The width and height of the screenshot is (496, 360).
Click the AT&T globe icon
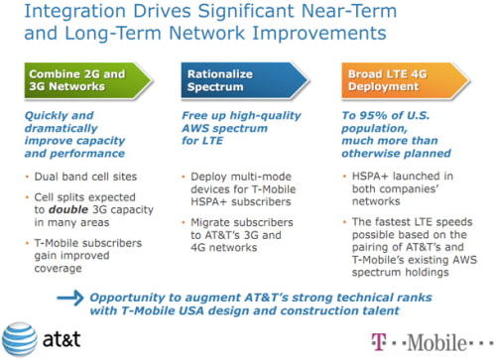(x=21, y=336)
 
